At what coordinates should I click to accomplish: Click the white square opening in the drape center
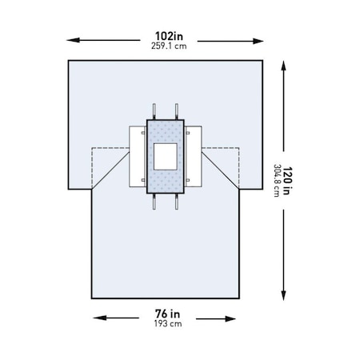coord(166,156)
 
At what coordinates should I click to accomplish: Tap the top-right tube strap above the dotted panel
coord(176,111)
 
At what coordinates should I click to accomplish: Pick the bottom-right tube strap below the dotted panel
coord(176,202)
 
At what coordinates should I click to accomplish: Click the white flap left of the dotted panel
coord(138,156)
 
